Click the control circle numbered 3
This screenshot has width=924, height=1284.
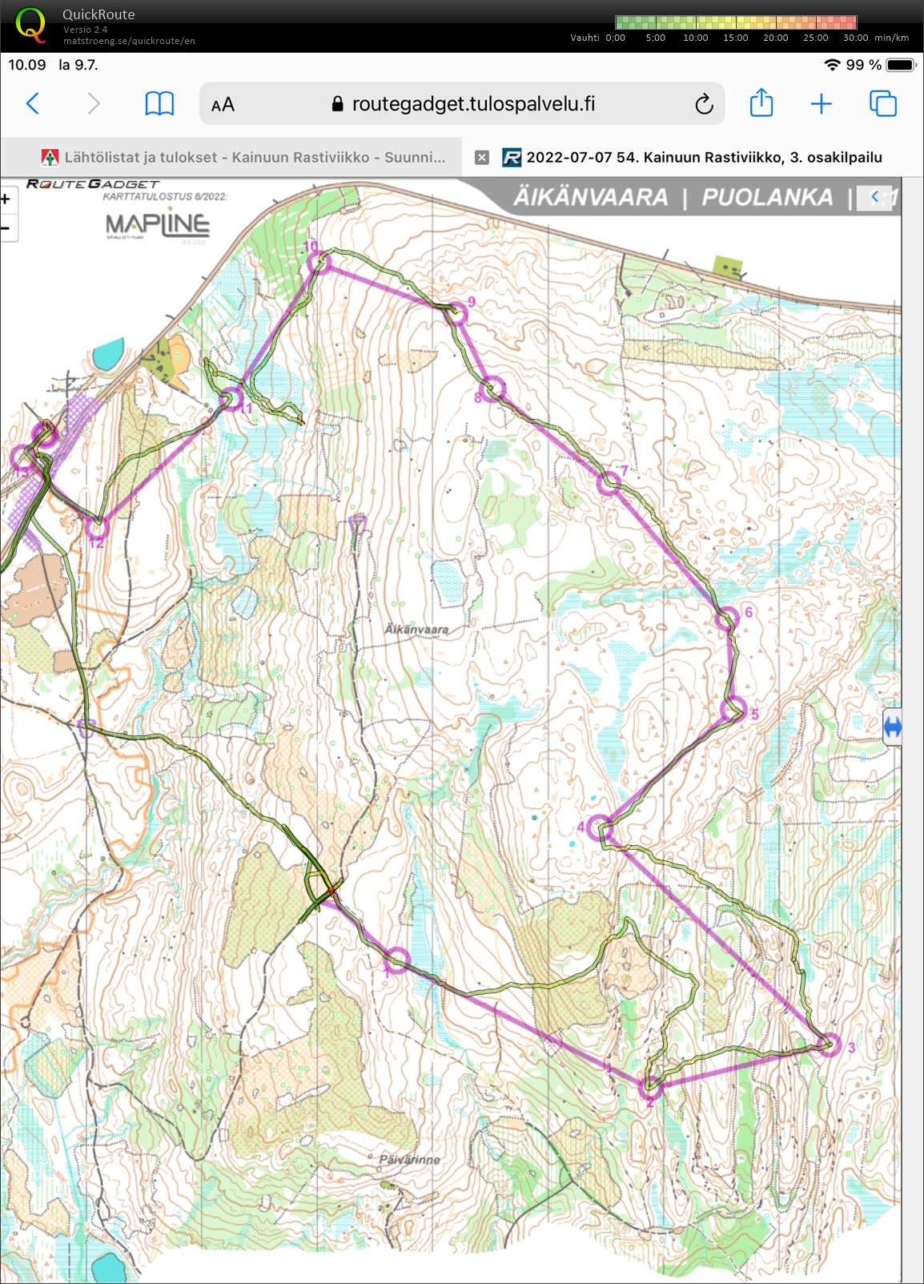[x=830, y=1045]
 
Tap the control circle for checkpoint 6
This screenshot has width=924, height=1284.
[x=727, y=619]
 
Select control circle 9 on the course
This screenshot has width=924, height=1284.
[x=456, y=313]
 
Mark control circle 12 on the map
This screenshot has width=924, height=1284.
[x=96, y=527]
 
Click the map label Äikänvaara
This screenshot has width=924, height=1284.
[x=416, y=630]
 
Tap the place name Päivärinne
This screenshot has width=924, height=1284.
[x=410, y=1159]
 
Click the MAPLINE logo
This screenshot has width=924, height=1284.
[x=157, y=225]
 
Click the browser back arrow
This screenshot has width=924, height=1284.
[x=33, y=103]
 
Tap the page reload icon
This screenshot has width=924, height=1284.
[x=703, y=104]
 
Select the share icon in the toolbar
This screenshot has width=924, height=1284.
[x=761, y=103]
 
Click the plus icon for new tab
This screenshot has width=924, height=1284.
[x=821, y=103]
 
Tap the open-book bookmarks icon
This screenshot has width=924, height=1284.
[x=159, y=103]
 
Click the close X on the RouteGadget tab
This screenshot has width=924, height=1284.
[x=481, y=158]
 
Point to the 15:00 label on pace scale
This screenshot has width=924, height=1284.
[x=735, y=38]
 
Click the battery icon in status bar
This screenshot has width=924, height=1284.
[x=900, y=65]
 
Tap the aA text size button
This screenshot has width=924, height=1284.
[x=223, y=104]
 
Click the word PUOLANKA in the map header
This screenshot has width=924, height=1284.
[x=766, y=197]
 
